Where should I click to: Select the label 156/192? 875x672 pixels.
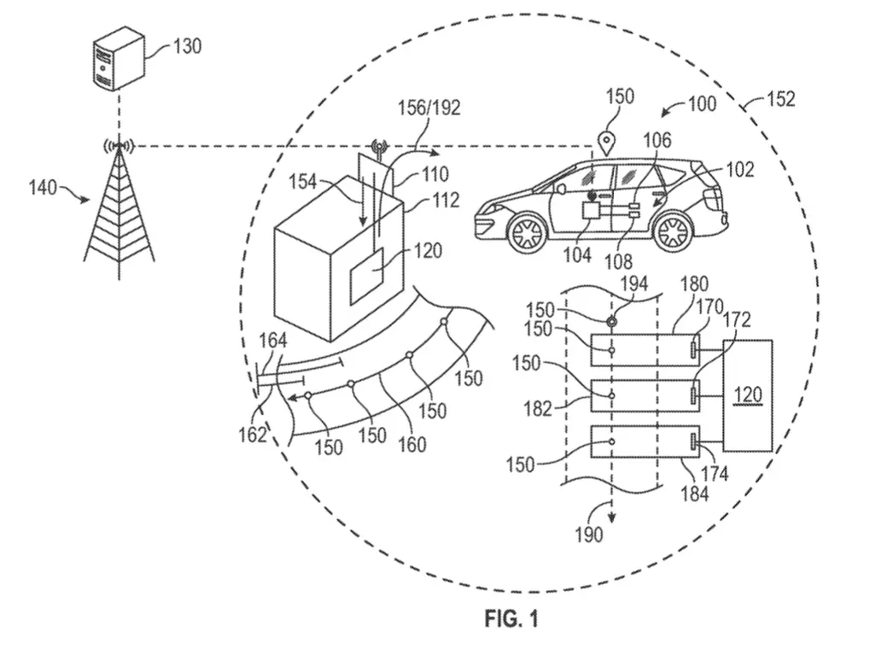tap(429, 107)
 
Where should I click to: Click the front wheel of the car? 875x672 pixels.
tap(525, 233)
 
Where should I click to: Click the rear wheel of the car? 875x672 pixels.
tap(673, 232)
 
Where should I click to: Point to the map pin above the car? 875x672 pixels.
tap(605, 143)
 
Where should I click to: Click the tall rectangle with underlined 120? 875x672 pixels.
tap(748, 395)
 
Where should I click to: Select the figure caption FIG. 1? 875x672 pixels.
tap(511, 618)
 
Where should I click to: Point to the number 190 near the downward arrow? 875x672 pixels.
tap(589, 535)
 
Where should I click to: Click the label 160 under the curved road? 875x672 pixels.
tap(411, 444)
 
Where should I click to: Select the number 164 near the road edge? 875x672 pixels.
tap(273, 340)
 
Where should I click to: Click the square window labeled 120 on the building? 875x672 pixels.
tap(366, 277)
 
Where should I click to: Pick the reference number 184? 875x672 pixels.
tap(695, 493)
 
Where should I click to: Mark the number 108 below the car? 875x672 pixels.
tap(618, 261)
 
